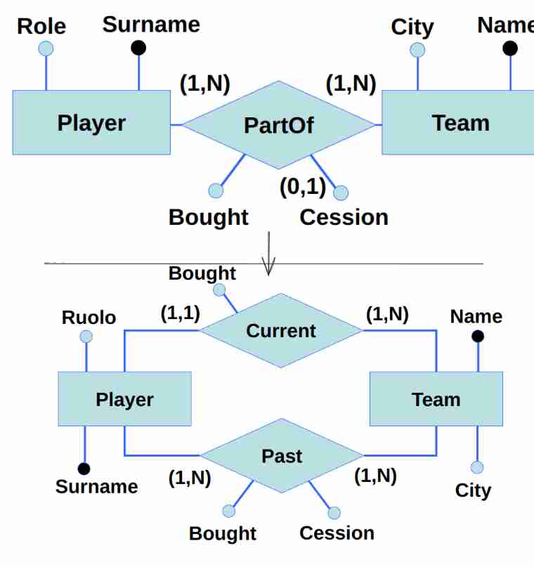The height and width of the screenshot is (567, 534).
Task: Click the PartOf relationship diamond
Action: tap(279, 125)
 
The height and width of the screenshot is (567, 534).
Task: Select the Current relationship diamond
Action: tap(281, 330)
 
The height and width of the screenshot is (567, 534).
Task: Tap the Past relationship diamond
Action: tap(282, 456)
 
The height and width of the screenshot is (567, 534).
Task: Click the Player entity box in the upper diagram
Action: tap(91, 123)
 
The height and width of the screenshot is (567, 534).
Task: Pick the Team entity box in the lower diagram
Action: tap(436, 399)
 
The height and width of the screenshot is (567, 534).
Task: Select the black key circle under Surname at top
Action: tap(138, 48)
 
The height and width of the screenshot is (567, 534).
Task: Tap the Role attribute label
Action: tap(41, 26)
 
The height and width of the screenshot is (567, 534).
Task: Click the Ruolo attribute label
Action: tap(89, 318)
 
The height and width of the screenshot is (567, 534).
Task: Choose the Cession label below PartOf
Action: tap(344, 217)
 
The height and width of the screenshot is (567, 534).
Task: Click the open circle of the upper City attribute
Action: tap(417, 50)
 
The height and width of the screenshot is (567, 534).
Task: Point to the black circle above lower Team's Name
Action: tap(478, 336)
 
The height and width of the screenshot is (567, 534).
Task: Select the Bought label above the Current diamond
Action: tap(202, 273)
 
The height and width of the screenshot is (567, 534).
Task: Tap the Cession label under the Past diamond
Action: tap(337, 533)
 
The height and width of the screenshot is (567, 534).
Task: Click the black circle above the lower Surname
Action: tap(84, 468)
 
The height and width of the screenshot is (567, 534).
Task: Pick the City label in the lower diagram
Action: tap(473, 490)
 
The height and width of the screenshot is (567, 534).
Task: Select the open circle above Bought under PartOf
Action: tap(216, 190)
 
